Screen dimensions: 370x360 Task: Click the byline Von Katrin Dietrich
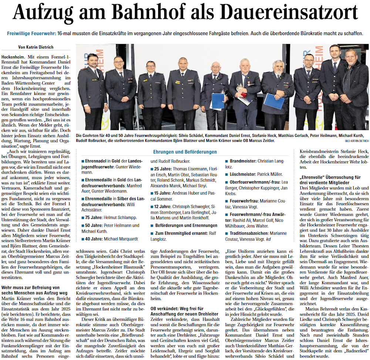click(36, 47)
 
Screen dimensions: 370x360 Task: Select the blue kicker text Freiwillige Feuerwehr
click(31, 33)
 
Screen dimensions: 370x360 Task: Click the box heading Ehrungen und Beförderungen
click(185, 152)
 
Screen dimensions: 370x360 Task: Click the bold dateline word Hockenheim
click(14, 55)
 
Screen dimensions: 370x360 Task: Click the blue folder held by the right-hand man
click(274, 101)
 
